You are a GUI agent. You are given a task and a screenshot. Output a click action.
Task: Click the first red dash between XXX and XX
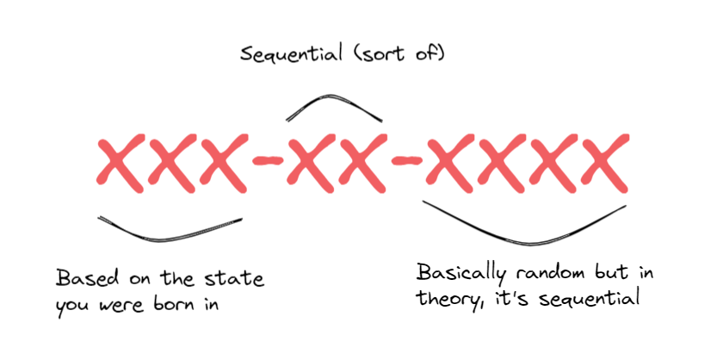(x=268, y=160)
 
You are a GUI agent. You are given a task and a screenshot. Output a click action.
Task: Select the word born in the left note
(x=176, y=304)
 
